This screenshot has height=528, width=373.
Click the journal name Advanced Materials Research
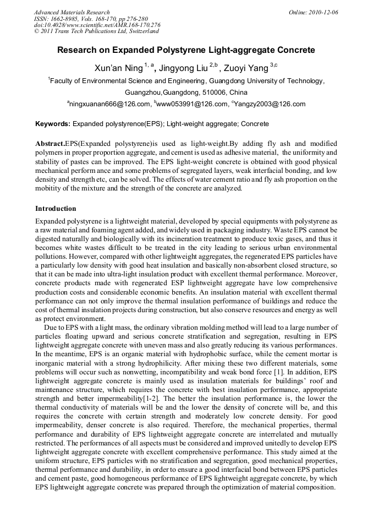point(72,12)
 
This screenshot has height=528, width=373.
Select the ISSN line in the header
point(87,19)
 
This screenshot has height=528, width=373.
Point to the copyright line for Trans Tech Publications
point(96,31)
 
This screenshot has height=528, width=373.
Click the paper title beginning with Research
point(186,50)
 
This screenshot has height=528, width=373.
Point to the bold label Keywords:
point(53,124)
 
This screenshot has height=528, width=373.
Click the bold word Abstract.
point(50,143)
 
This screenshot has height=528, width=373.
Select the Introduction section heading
point(56,209)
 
